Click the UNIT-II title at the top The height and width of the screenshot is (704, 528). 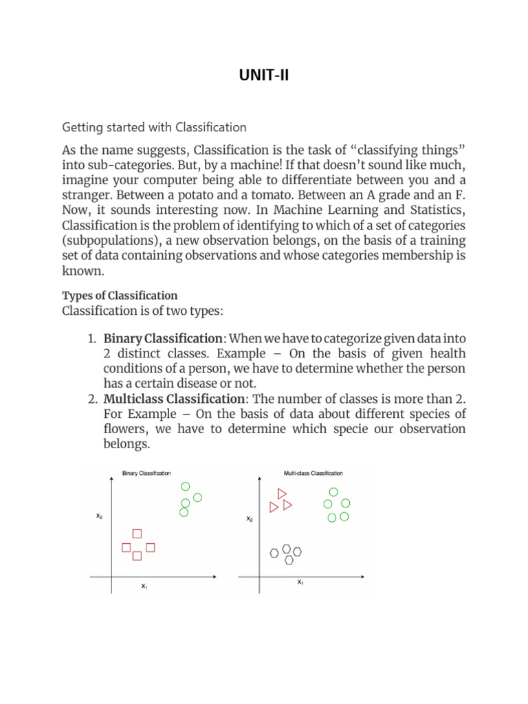tap(264, 74)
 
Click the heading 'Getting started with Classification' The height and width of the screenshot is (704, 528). tap(154, 127)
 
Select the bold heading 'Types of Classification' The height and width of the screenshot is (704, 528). tap(120, 295)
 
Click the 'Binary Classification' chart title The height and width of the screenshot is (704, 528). tap(146, 473)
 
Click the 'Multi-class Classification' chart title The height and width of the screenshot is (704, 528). tap(313, 473)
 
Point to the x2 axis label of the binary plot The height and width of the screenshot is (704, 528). tap(100, 515)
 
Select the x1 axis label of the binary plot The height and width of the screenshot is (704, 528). tap(144, 586)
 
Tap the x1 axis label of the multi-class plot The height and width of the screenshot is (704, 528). tap(300, 582)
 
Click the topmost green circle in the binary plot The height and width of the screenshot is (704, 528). tap(185, 486)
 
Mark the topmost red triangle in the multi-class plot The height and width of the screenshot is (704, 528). tap(281, 493)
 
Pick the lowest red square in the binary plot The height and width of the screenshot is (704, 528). tap(137, 555)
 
